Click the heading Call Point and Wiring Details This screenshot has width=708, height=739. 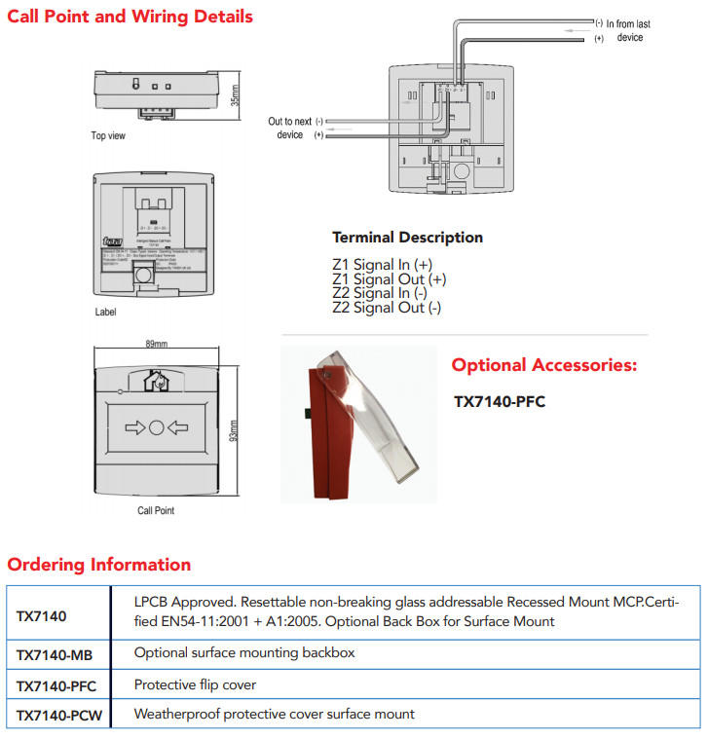pyautogui.click(x=130, y=17)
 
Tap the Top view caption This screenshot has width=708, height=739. pyautogui.click(x=108, y=135)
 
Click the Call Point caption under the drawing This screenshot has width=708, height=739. pyautogui.click(x=156, y=510)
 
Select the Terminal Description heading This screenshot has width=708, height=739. pyautogui.click(x=407, y=238)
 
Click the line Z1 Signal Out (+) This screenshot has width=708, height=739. pyautogui.click(x=390, y=279)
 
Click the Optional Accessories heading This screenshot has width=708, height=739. pyautogui.click(x=544, y=366)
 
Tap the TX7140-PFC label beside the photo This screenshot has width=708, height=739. pyautogui.click(x=500, y=401)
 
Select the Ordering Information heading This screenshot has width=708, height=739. pyautogui.click(x=99, y=565)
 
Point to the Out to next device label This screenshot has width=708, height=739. pyautogui.click(x=290, y=128)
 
